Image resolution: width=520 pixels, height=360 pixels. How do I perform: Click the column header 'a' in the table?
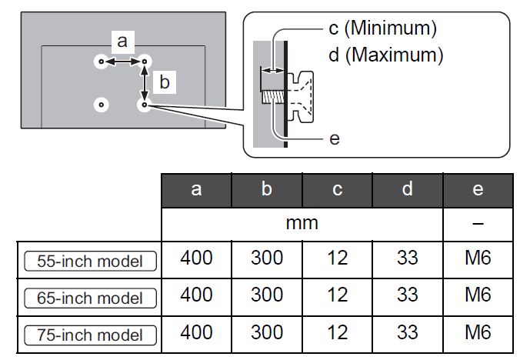point(196,190)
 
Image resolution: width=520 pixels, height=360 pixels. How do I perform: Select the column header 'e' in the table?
point(478,190)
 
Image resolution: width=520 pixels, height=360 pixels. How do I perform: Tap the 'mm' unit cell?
point(302,224)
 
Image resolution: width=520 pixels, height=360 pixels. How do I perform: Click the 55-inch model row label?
point(90,261)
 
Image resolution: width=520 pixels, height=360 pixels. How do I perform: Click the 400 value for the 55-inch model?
point(196,258)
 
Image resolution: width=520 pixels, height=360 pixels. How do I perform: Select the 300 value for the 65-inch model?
point(267,295)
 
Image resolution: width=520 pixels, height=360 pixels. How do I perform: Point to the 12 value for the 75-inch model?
point(337,333)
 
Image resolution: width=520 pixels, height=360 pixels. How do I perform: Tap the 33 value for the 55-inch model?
point(407,258)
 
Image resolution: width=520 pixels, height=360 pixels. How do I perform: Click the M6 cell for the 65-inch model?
point(478,295)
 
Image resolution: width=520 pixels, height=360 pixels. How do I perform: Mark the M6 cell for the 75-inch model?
point(478,333)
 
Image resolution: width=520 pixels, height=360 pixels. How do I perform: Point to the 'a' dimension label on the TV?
point(122,41)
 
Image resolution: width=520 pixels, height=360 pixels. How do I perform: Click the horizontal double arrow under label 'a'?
point(122,60)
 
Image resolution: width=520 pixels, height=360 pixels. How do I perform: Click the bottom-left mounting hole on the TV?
point(101,104)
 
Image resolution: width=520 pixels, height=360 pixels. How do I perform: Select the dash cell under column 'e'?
point(478,224)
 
